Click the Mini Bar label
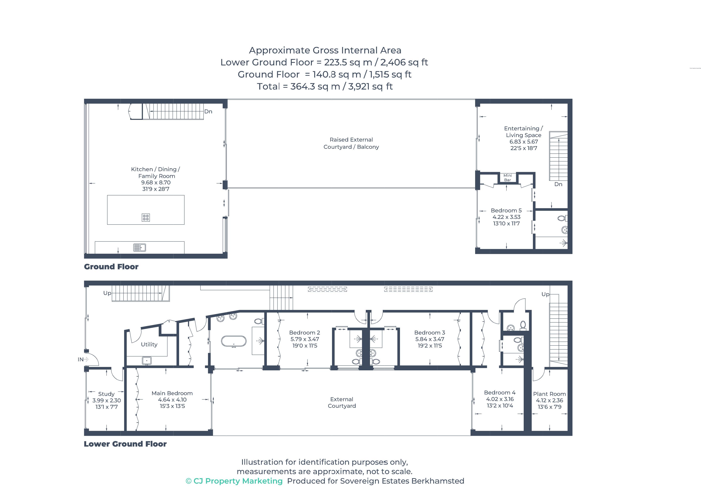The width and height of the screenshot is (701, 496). click(508, 177)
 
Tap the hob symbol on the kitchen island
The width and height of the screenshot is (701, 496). click(146, 217)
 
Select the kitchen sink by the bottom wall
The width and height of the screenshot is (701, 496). click(140, 247)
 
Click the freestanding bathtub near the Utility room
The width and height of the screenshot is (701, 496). click(233, 341)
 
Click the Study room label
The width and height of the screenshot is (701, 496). click(106, 394)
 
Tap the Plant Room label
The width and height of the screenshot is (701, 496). click(549, 394)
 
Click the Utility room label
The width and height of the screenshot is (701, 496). click(149, 344)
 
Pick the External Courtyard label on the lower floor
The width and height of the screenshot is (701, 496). click(342, 403)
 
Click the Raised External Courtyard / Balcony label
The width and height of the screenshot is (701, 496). click(351, 143)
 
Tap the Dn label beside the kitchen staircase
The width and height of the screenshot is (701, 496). click(208, 112)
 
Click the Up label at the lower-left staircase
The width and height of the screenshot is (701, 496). click(107, 293)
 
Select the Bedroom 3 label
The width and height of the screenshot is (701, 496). click(430, 333)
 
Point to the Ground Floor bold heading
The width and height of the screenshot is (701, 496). click(111, 267)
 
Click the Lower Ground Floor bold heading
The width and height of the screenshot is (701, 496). click(125, 444)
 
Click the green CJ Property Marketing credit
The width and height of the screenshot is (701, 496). click(234, 481)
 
